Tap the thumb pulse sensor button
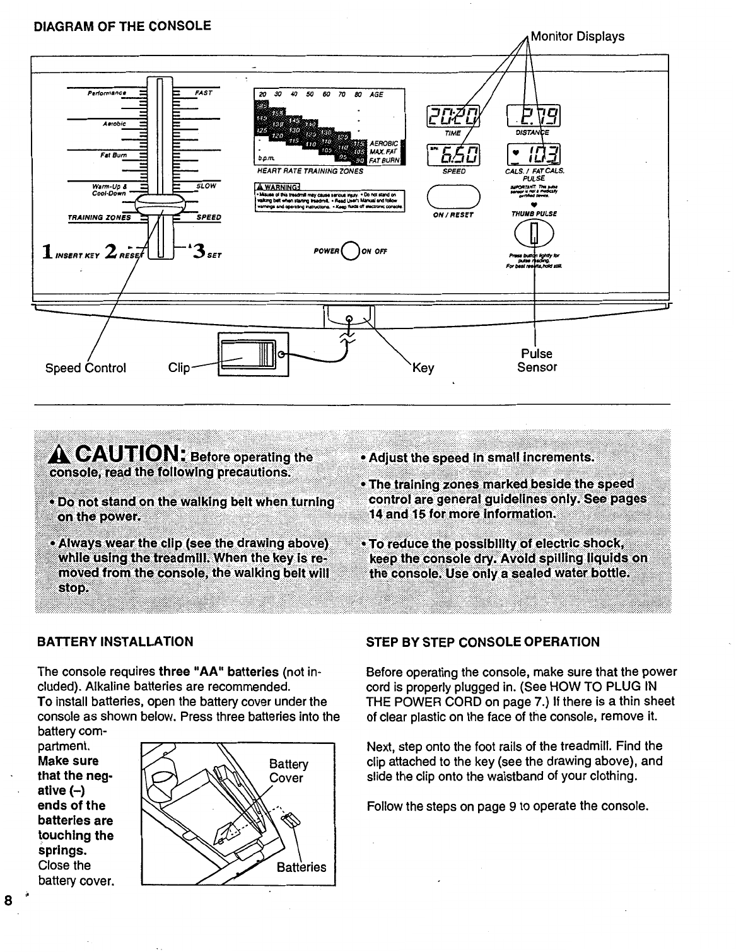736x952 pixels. tap(534, 235)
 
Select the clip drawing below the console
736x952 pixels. tap(252, 353)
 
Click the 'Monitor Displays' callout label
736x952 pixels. tap(577, 37)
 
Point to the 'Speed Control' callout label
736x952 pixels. tap(86, 368)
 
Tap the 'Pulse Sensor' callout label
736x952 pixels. tap(537, 361)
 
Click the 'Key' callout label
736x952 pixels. tap(423, 368)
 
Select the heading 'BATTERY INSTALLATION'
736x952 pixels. tap(115, 642)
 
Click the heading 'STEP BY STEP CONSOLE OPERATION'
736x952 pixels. tap(483, 642)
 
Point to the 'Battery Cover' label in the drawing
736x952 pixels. tap(288, 771)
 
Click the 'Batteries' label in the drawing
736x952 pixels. tap(301, 867)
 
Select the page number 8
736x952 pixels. tap(8, 900)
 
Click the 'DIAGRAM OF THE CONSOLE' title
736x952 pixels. tap(122, 26)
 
